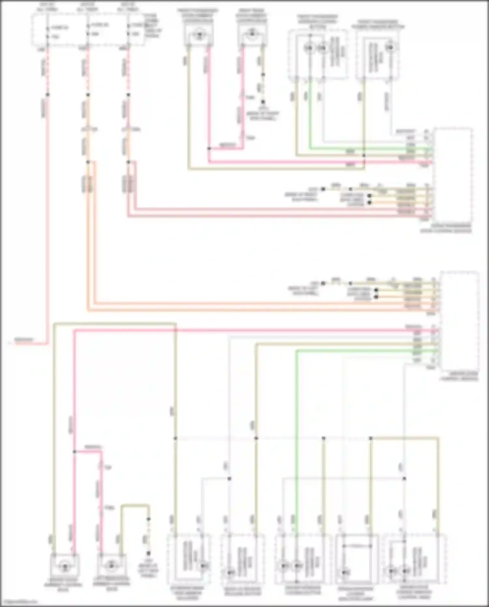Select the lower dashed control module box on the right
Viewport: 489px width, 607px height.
460,321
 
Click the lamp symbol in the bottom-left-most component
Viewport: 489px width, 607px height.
65,567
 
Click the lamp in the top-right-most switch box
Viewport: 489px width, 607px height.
389,48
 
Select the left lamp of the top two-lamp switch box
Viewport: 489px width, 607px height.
309,48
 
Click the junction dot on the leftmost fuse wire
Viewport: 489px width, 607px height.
48,95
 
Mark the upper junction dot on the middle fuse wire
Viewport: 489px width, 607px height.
88,95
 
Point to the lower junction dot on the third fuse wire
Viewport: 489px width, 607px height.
128,162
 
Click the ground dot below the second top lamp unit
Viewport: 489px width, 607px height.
263,102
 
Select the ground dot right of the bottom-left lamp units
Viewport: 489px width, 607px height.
149,553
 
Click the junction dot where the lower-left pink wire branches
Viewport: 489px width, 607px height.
74,452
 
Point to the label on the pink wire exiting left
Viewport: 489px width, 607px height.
24,340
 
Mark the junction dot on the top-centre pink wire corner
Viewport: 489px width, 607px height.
209,148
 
